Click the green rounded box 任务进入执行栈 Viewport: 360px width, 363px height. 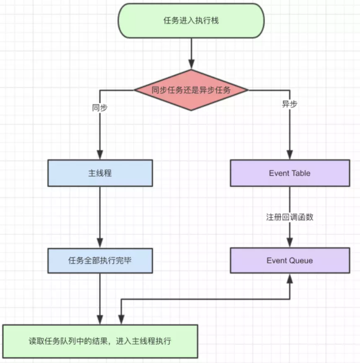click(191, 21)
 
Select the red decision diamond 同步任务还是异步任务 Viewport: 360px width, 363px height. click(191, 90)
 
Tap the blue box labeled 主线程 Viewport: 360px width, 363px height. click(100, 173)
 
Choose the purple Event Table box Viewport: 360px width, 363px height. click(290, 173)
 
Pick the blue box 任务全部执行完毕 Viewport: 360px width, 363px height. click(100, 261)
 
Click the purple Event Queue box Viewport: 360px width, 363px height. click(290, 261)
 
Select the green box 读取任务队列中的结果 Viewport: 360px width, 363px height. click(100, 341)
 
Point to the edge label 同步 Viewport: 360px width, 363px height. click(100, 108)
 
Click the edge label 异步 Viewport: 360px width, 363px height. click(290, 104)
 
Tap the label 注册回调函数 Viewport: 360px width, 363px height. click(290, 217)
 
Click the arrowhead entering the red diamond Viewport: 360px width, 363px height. click(191, 64)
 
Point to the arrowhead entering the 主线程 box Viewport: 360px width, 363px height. click(100, 154)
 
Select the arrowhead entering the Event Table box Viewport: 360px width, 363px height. click(290, 154)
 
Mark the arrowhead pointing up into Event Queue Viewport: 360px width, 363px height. click(290, 278)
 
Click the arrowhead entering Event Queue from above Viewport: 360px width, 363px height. click(290, 242)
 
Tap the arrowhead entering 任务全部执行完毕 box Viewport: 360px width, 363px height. click(100, 243)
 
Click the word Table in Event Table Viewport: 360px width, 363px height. click(301, 173)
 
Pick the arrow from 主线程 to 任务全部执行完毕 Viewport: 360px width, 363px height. click(100, 218)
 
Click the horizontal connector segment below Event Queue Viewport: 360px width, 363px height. click(206, 299)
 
